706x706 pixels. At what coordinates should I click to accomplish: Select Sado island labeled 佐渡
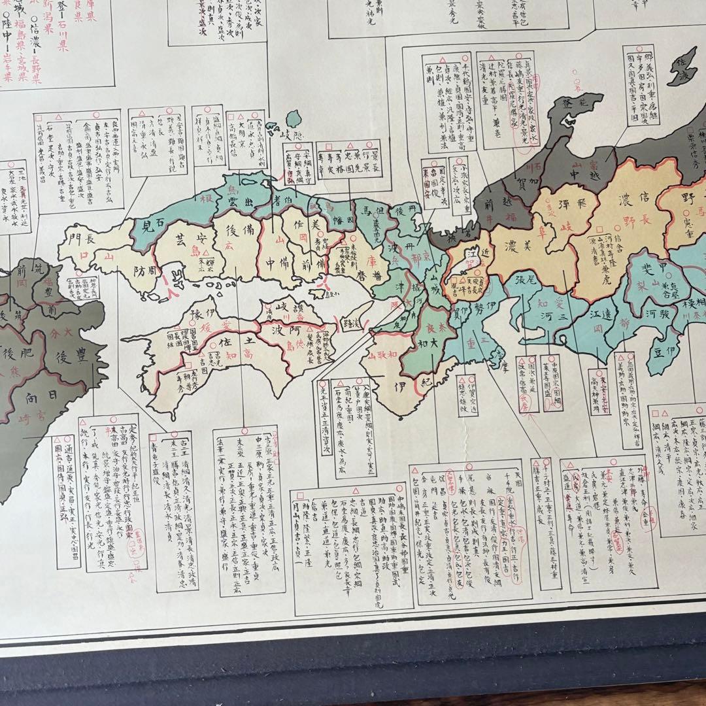point(684,65)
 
